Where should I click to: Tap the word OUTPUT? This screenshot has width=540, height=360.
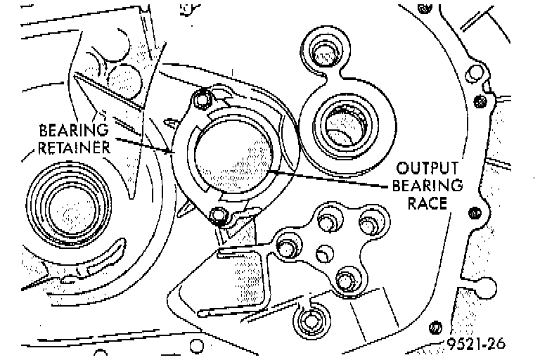coord(427,169)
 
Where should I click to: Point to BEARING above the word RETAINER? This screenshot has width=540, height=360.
coord(74,130)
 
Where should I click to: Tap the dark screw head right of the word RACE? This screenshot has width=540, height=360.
coord(474,212)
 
